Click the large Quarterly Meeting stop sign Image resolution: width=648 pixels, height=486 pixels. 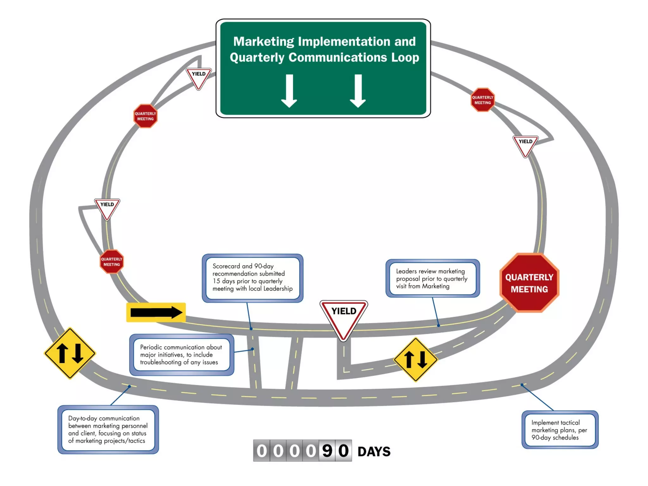529,283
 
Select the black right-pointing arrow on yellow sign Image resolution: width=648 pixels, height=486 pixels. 156,313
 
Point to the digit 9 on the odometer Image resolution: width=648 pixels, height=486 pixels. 327,451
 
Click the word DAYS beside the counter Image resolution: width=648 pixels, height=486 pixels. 374,452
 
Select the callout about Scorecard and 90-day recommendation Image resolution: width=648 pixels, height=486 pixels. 252,277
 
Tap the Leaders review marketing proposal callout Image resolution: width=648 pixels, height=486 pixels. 432,278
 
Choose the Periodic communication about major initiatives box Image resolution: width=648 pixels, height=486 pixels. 181,355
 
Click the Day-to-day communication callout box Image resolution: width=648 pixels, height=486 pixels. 108,429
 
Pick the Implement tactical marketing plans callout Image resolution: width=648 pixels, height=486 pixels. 559,430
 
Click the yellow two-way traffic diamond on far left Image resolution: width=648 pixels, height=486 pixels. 70,353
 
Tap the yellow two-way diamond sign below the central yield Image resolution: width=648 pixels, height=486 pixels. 415,360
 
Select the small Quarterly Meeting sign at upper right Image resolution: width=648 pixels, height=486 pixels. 483,100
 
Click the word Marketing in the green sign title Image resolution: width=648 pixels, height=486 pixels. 264,41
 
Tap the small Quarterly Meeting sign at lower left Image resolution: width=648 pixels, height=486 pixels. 112,262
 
